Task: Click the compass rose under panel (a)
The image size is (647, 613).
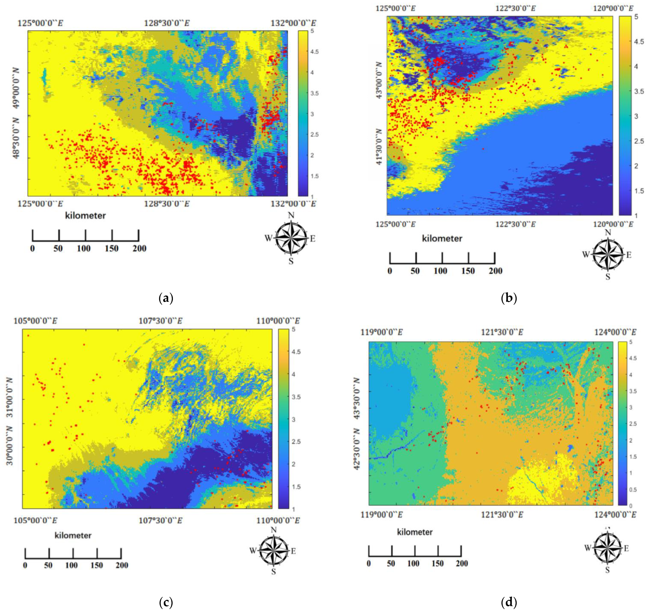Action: pos(291,238)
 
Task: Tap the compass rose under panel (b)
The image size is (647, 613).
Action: pos(607,255)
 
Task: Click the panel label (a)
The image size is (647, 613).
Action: pos(166,298)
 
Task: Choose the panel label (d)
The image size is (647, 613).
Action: pos(509,601)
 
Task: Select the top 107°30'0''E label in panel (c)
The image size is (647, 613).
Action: pos(161,321)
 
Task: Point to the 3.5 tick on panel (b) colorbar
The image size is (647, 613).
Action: pos(639,91)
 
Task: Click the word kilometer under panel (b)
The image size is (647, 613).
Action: pos(442,239)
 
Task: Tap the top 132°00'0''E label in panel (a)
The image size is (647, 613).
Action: pos(293,23)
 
